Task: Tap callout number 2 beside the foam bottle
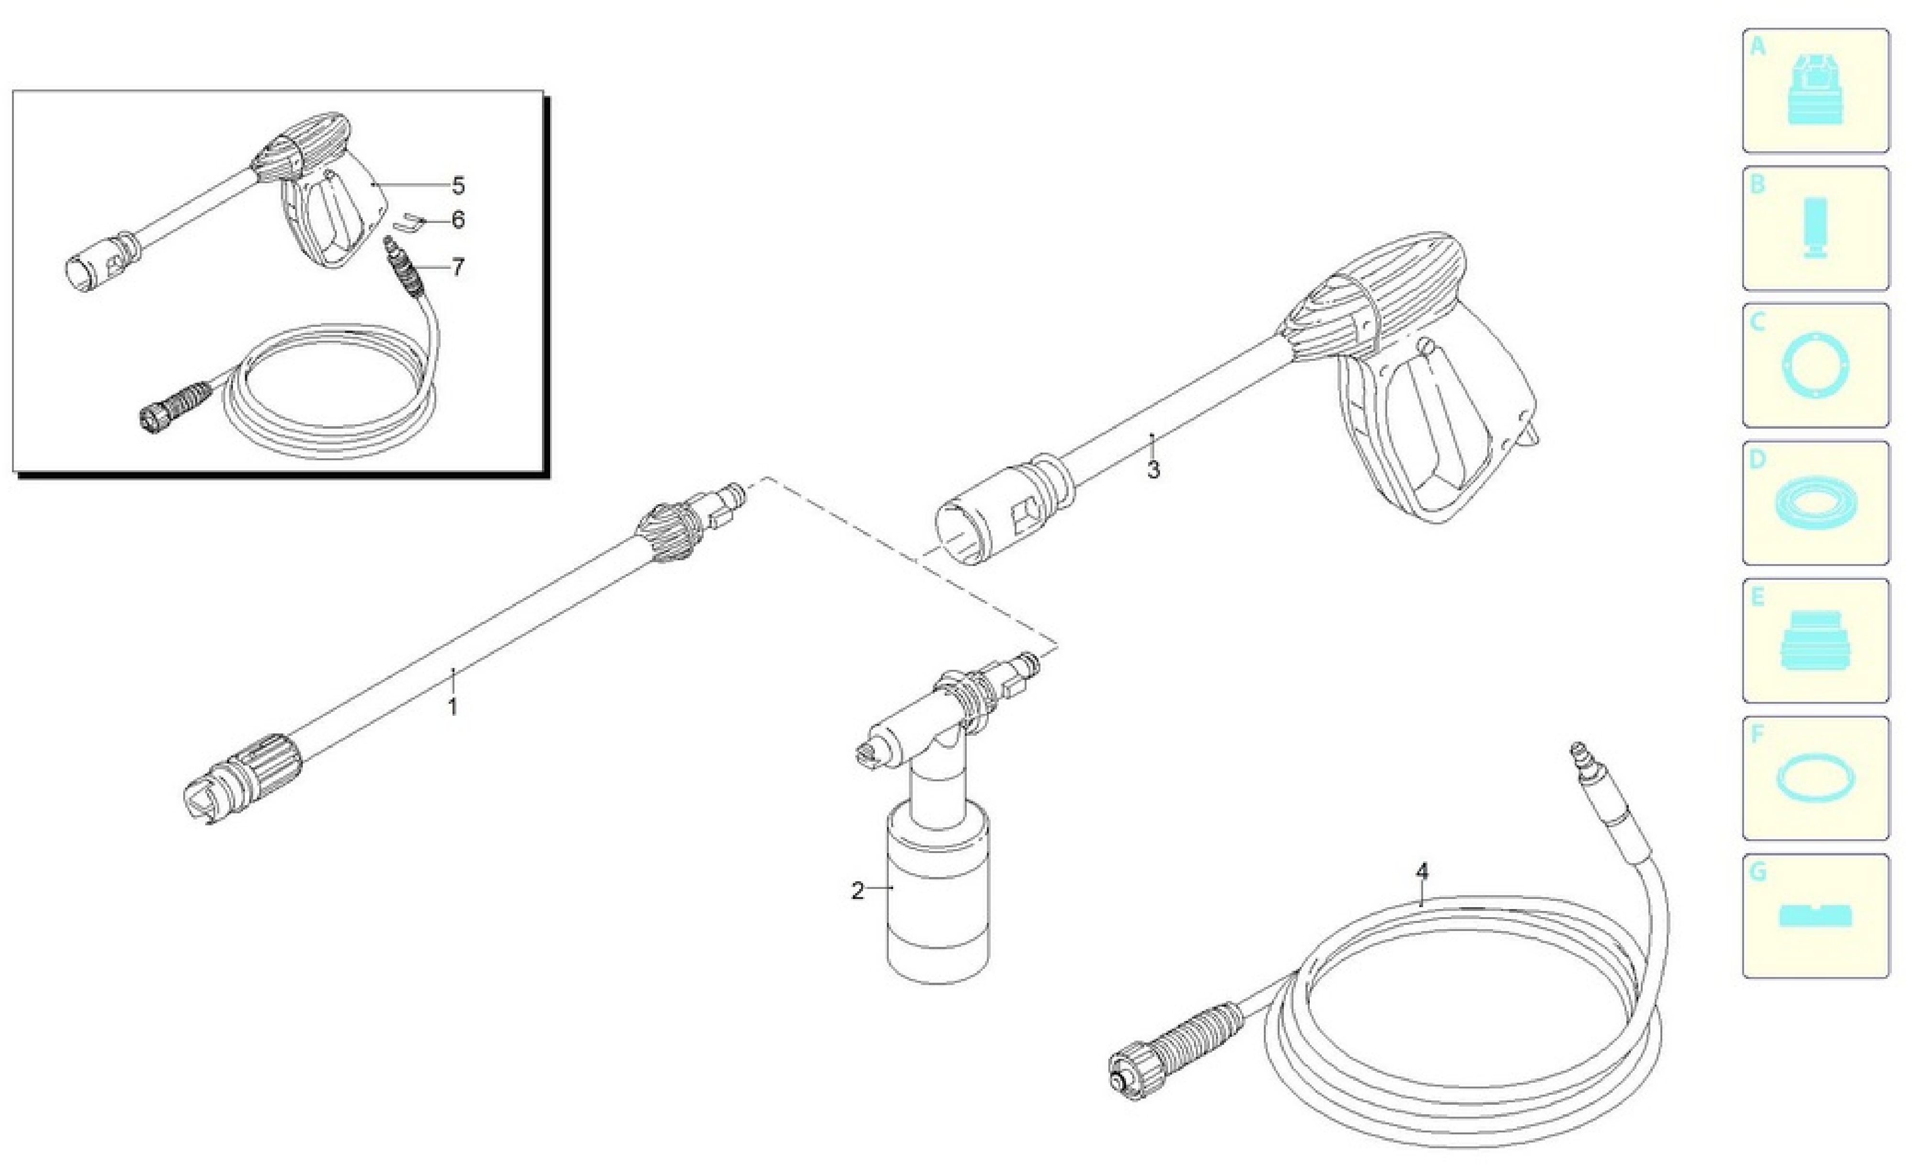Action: point(857,891)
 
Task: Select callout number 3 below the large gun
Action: point(1153,469)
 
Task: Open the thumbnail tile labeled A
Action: point(1816,91)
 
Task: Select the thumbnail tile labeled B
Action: point(1816,228)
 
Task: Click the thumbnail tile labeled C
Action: point(1816,365)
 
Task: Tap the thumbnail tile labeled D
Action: point(1816,503)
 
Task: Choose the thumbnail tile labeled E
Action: point(1816,640)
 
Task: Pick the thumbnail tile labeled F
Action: point(1816,777)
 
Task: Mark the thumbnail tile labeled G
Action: point(1816,916)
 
